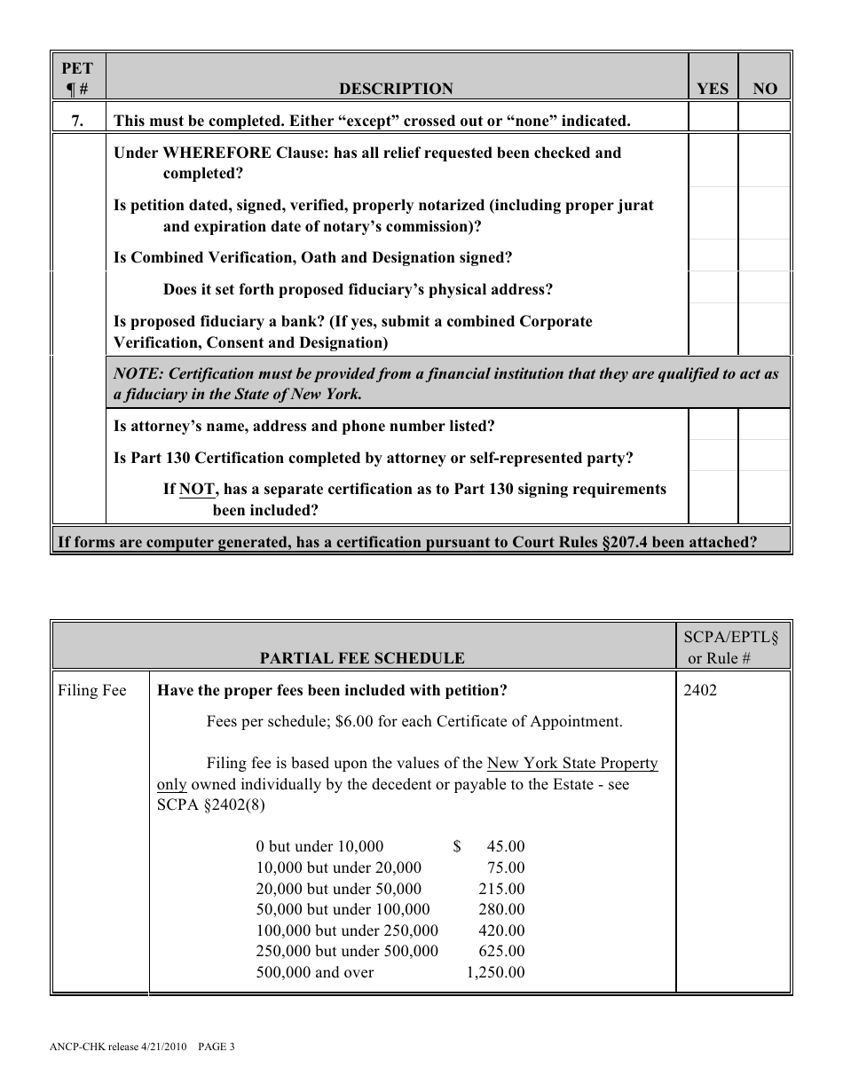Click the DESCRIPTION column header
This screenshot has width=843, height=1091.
(396, 89)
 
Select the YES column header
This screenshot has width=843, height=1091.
(713, 89)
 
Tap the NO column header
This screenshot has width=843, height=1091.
(764, 89)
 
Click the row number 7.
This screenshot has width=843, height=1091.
(78, 121)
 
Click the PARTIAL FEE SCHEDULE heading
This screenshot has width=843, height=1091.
(361, 658)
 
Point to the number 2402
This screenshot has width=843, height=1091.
(700, 690)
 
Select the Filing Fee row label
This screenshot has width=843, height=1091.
(92, 690)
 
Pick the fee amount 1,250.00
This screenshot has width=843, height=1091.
(496, 972)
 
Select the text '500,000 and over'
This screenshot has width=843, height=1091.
(315, 972)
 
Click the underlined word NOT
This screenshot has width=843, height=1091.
(197, 489)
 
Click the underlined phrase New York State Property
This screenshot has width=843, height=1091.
(573, 763)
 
